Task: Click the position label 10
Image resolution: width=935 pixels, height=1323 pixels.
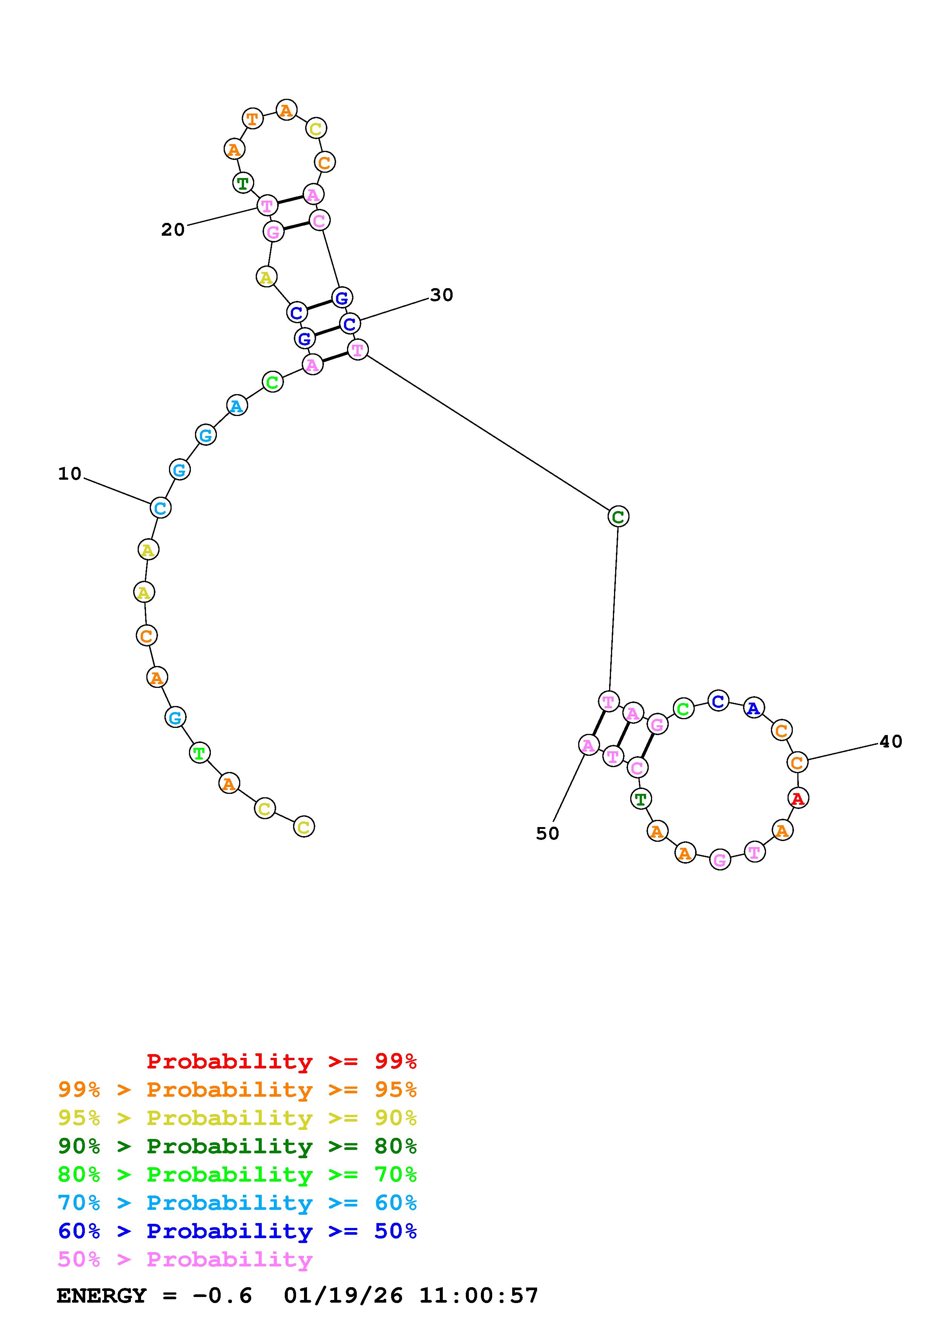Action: (x=70, y=474)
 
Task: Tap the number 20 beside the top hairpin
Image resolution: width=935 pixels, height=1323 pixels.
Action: (x=173, y=230)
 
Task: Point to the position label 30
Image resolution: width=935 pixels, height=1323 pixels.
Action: (x=442, y=295)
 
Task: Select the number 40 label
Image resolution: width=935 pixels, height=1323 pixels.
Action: (x=890, y=741)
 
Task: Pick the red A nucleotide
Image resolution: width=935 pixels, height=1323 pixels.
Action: (x=798, y=798)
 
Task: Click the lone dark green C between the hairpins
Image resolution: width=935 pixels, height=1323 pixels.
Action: (x=618, y=516)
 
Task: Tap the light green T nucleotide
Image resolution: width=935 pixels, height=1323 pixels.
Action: (x=199, y=752)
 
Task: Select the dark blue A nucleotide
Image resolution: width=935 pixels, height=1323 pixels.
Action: (x=754, y=708)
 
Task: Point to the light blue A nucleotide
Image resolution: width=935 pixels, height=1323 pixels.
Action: (x=236, y=406)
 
